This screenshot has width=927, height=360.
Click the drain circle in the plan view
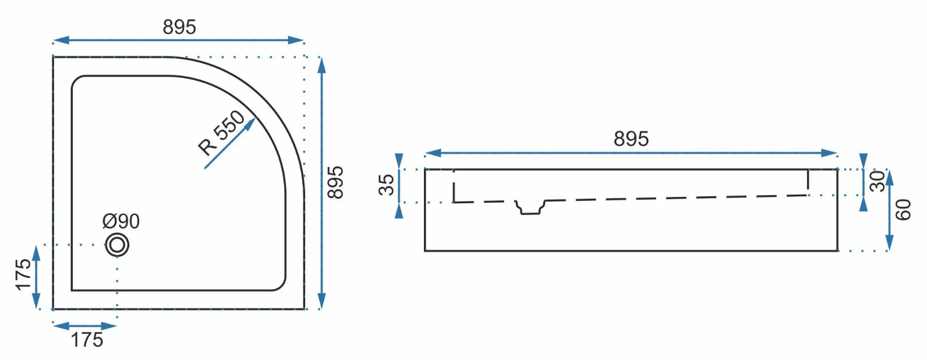click(117, 245)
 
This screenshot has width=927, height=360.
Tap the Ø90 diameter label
click(121, 221)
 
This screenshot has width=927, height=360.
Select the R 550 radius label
click(222, 133)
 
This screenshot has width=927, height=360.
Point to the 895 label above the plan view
click(179, 27)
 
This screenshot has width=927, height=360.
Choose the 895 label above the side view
click(631, 139)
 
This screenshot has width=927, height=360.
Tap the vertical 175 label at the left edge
click(24, 274)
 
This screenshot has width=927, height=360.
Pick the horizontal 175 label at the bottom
click(87, 340)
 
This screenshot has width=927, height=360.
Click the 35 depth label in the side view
click(387, 185)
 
